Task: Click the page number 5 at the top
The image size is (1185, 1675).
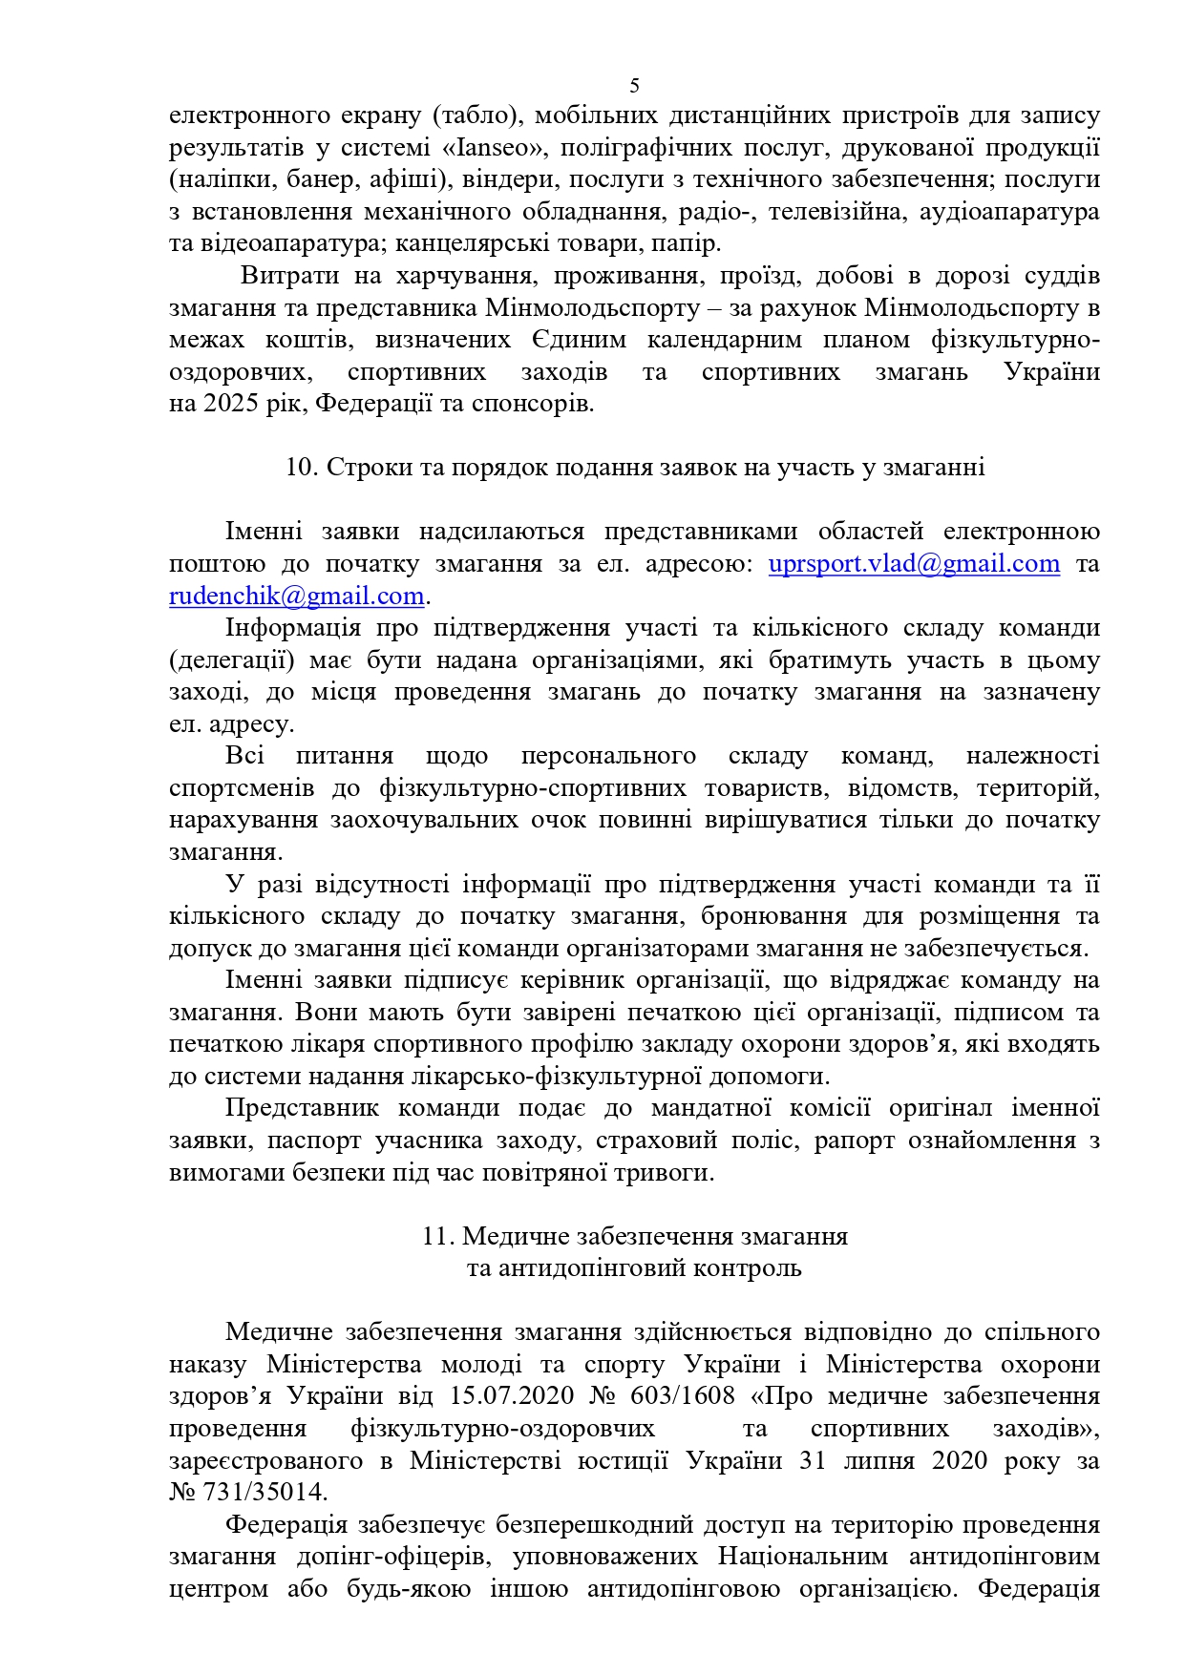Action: [x=635, y=86]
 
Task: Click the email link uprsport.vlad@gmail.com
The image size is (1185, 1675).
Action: [x=914, y=564]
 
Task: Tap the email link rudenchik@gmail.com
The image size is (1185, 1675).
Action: [x=296, y=597]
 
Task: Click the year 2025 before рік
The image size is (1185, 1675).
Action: [x=230, y=404]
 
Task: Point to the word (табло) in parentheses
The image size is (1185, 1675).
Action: [x=476, y=115]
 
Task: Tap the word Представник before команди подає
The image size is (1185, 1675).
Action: [x=302, y=1108]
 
